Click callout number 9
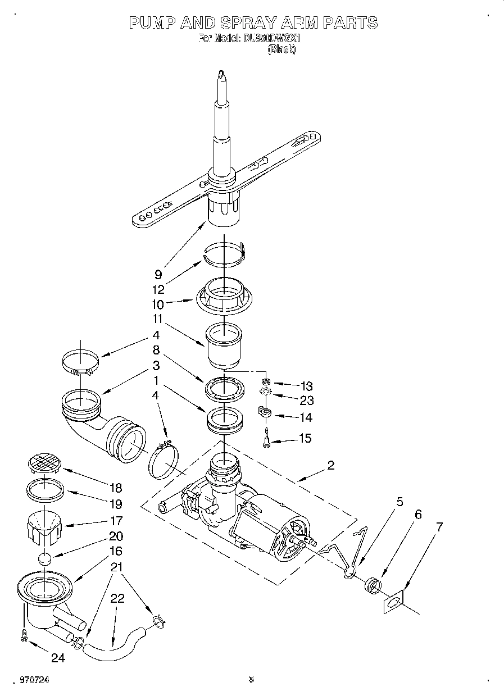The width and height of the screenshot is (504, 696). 158,275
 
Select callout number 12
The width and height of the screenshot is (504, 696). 158,289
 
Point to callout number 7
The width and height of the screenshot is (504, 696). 439,527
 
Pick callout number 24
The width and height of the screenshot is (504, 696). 58,658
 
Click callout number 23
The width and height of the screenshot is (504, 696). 307,401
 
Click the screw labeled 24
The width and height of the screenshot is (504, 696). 23,635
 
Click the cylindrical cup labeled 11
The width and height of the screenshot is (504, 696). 223,344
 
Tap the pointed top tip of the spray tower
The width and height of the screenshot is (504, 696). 223,73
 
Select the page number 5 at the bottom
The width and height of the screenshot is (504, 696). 252,680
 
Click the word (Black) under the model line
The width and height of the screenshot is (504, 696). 281,49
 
